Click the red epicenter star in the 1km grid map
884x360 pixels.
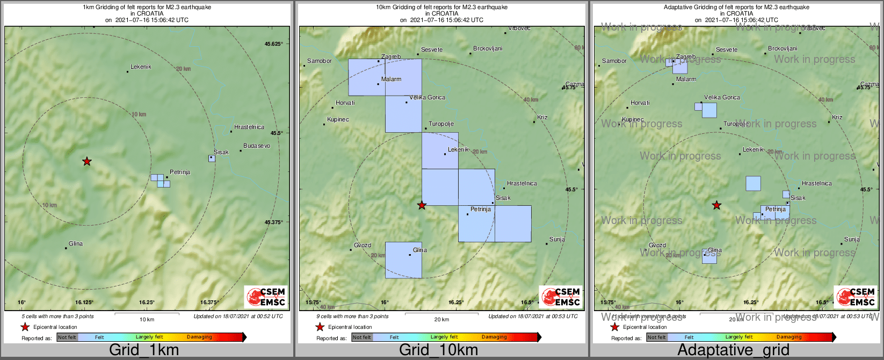tap(86, 161)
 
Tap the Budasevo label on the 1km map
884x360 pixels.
tap(257, 146)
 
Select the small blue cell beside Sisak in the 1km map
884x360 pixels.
tap(212, 159)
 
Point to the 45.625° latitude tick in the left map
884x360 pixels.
tap(273, 44)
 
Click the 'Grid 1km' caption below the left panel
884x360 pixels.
tap(144, 350)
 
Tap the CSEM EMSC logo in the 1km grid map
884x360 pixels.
tap(266, 297)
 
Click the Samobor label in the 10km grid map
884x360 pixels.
tap(320, 61)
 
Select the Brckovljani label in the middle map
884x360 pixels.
tap(488, 48)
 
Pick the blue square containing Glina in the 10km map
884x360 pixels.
tap(403, 260)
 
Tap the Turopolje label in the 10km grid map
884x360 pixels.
tap(441, 124)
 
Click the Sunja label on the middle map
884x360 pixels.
tap(557, 239)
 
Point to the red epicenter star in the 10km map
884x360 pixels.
tap(422, 205)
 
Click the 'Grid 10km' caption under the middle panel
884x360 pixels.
tap(438, 350)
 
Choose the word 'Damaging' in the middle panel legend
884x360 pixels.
tap(494, 337)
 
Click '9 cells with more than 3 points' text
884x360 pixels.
tap(352, 316)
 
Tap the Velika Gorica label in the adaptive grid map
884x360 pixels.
tap(722, 97)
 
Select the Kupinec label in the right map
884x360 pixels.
tap(632, 119)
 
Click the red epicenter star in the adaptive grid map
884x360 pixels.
tap(716, 205)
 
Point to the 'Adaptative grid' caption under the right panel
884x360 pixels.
tap(733, 350)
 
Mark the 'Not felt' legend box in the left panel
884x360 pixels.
tap(67, 337)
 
